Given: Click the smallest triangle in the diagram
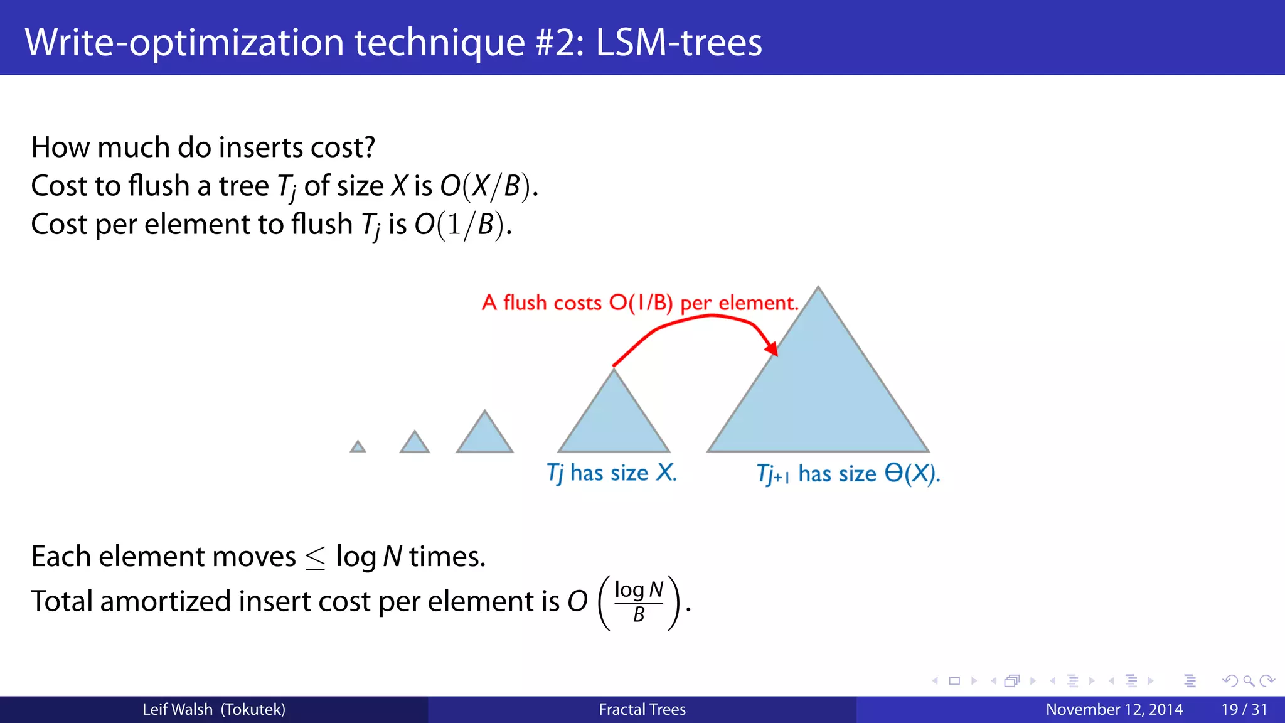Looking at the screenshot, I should point(358,447).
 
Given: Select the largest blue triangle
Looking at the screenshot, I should point(818,395).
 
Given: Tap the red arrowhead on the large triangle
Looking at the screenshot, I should point(772,348).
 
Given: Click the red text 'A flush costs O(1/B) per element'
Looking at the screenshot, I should point(640,303).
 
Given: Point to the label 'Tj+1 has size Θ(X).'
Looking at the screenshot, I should point(848,474).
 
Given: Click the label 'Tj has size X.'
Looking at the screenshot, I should point(612,473).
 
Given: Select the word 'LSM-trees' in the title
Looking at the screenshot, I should point(678,42).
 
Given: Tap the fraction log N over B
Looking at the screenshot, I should point(639,602).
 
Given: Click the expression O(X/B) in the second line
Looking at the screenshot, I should point(488,186).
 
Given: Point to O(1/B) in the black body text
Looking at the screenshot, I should point(462,225).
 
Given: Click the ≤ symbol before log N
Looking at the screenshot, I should point(316,557).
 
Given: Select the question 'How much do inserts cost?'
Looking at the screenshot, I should point(203,147).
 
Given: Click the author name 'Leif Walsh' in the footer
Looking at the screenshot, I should point(178,710).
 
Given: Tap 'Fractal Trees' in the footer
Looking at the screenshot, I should point(642,710).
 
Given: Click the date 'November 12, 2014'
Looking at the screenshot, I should point(1114,710).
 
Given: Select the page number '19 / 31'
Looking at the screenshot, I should point(1244,710).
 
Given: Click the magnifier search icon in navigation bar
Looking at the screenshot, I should point(1249,681).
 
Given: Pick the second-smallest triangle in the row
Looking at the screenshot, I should point(415,443).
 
